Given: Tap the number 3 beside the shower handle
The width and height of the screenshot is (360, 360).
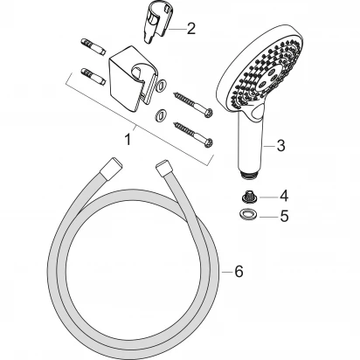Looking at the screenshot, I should pos(280,146).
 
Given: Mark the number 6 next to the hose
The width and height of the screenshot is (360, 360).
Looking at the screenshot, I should pos(238,272).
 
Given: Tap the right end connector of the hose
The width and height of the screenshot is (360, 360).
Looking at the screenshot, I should pos(166,167).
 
